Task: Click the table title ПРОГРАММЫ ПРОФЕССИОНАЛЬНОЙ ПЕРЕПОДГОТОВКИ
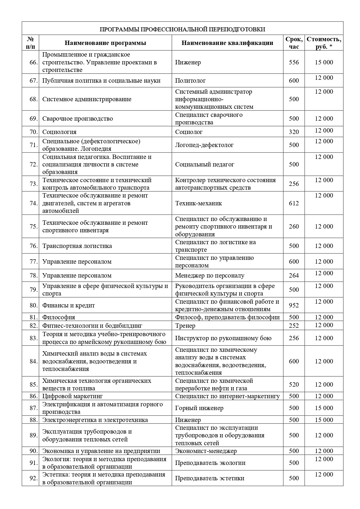point(182,29)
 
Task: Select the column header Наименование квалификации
point(227,43)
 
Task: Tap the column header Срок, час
point(294,43)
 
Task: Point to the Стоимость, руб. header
point(324,43)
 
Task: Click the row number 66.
point(34,62)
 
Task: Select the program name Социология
point(59,132)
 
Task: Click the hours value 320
point(294,132)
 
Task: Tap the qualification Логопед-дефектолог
point(204,145)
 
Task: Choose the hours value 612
point(294,203)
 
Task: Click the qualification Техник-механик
point(198,203)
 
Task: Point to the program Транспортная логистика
point(77,246)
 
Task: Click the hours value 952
point(294,305)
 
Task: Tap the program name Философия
point(59,317)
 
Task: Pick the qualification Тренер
point(185,326)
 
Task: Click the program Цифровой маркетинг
point(73,396)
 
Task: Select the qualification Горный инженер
point(199,408)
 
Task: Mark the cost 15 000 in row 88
point(324,420)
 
